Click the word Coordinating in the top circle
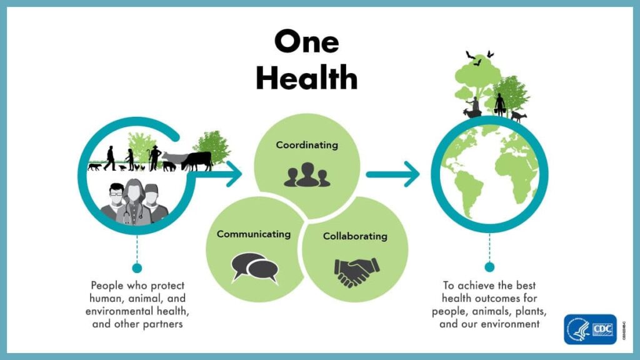[x=307, y=145]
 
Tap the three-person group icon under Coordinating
[x=307, y=175]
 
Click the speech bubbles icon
[x=255, y=267]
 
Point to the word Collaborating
[x=355, y=236]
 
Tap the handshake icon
[x=356, y=271]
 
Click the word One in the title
[x=306, y=42]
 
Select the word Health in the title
[x=306, y=79]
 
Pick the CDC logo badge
[x=590, y=329]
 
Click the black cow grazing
[x=197, y=160]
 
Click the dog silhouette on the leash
[x=94, y=167]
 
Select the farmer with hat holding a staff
[x=154, y=157]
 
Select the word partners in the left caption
[x=167, y=324]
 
